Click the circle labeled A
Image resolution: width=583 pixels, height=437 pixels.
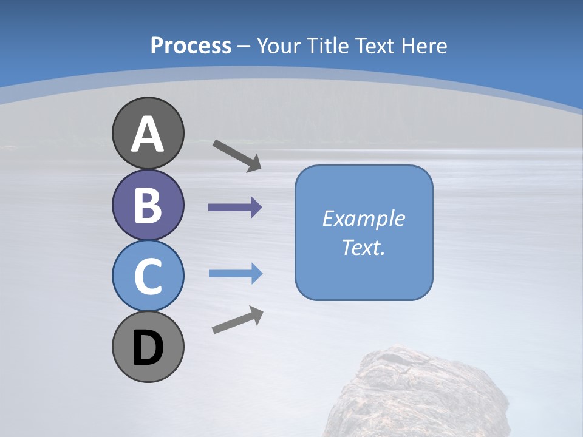coord(148,133)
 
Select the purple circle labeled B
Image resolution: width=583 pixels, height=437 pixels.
coord(148,205)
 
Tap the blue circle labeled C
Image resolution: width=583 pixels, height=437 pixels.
coord(148,276)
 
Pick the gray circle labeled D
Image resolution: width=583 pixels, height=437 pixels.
coord(148,347)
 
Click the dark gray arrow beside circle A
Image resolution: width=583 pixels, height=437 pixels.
coord(237,155)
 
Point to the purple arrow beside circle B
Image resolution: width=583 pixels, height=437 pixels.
coord(235,208)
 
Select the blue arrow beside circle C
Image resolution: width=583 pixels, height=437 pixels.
coord(235,274)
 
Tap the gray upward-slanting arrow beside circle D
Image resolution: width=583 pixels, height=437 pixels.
coord(237,320)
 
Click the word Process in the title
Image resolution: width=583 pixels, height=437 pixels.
coord(191,46)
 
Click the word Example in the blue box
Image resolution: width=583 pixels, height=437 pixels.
coord(364,218)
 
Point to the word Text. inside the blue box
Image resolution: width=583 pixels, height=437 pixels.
coord(364,247)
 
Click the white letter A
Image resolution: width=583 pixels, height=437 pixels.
coord(148,134)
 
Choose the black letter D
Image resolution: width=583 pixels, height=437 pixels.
coord(148,348)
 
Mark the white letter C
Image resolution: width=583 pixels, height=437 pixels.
coord(148,276)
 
